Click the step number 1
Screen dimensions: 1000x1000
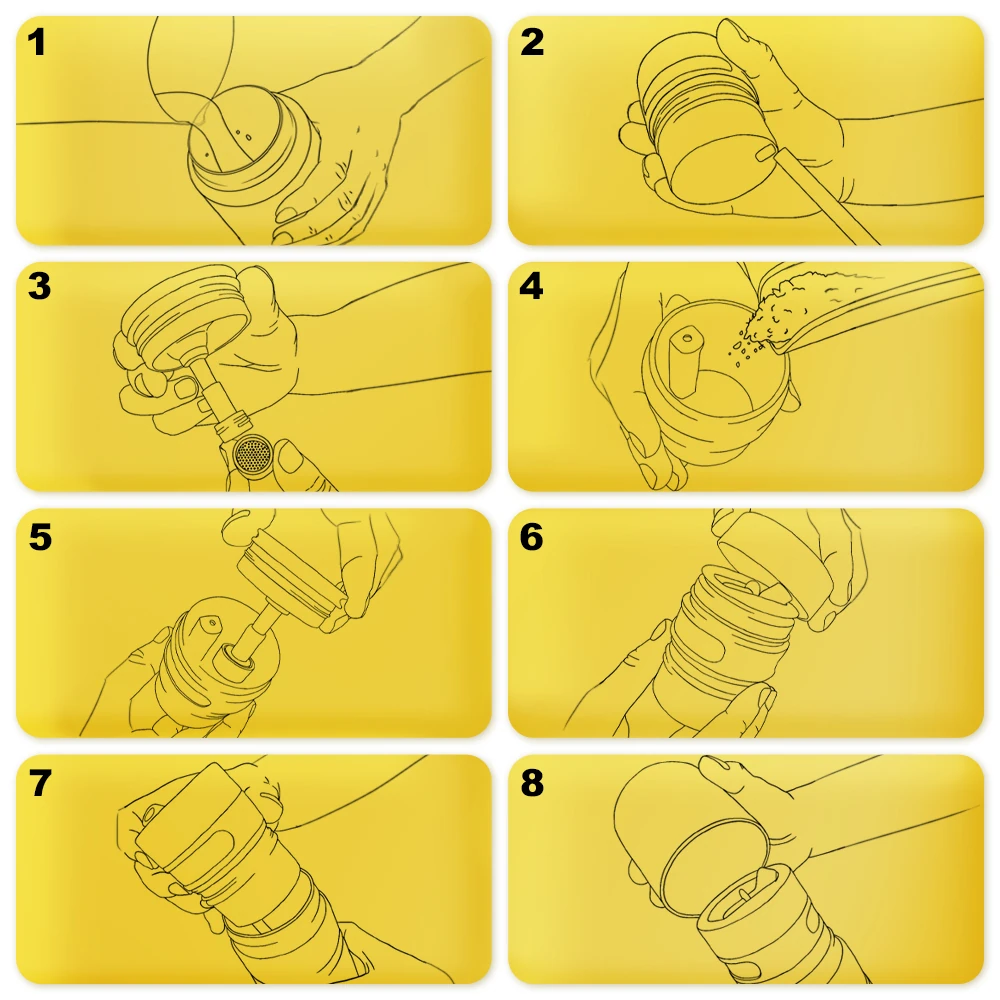[x=36, y=43]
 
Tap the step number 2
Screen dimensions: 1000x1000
[x=532, y=43]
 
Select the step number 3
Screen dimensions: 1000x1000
[x=39, y=286]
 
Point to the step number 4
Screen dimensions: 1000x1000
[x=531, y=286]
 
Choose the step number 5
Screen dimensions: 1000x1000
[x=40, y=537]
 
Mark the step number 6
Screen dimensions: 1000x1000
[x=532, y=537]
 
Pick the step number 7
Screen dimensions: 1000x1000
[x=40, y=783]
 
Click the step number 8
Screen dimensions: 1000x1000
[x=532, y=783]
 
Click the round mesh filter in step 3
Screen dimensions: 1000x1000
[x=253, y=453]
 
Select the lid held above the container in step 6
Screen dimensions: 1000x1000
[x=774, y=565]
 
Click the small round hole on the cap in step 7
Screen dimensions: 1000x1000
[x=149, y=814]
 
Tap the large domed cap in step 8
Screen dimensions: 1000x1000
[x=690, y=829]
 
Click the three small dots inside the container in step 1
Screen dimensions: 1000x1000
[x=242, y=135]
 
